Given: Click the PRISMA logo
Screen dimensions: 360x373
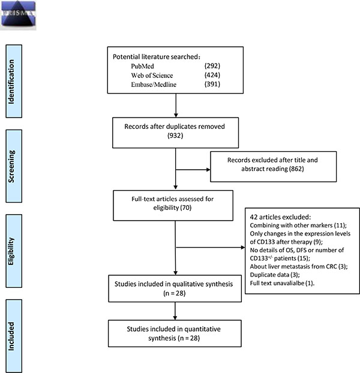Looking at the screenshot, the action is [x=18, y=15].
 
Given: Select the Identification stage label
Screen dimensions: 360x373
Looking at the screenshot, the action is [x=11, y=82].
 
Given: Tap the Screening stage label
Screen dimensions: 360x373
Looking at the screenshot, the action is [x=11, y=166].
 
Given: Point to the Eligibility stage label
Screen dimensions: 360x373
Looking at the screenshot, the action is [x=11, y=251].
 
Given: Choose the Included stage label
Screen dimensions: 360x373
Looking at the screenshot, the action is [x=11, y=336].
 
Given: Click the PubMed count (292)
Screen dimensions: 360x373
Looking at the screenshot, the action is [x=212, y=66].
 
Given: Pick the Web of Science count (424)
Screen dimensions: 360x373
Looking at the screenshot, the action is [x=212, y=75].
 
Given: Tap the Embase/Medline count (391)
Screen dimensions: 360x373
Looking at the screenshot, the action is [x=212, y=84].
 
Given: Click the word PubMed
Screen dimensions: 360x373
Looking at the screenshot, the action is [x=142, y=66].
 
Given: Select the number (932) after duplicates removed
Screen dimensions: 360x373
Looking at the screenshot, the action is [x=175, y=136].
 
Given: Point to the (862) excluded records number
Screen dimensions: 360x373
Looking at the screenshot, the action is [x=296, y=169].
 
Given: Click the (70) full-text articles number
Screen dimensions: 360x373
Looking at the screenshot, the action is [x=185, y=207].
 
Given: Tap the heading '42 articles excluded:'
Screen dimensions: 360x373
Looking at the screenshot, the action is [x=280, y=217].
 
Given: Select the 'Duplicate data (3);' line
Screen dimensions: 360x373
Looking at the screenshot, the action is [x=275, y=275].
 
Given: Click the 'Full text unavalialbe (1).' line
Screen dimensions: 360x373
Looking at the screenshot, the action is [x=282, y=283].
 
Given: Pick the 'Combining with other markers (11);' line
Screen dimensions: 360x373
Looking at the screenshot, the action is [x=298, y=225].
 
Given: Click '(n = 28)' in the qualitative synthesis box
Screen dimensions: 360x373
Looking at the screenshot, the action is [x=175, y=293].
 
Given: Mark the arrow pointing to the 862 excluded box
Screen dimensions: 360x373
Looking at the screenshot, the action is [x=193, y=170].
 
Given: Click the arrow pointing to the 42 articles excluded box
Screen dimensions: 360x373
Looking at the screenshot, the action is [x=211, y=248].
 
